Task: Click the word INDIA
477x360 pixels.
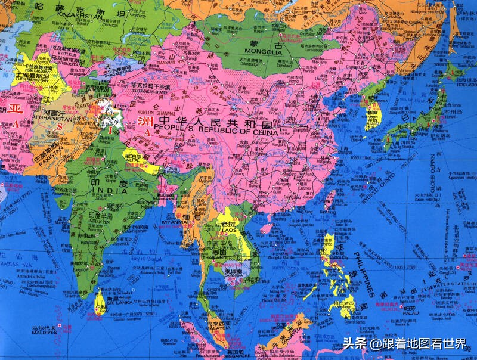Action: [110, 191]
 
